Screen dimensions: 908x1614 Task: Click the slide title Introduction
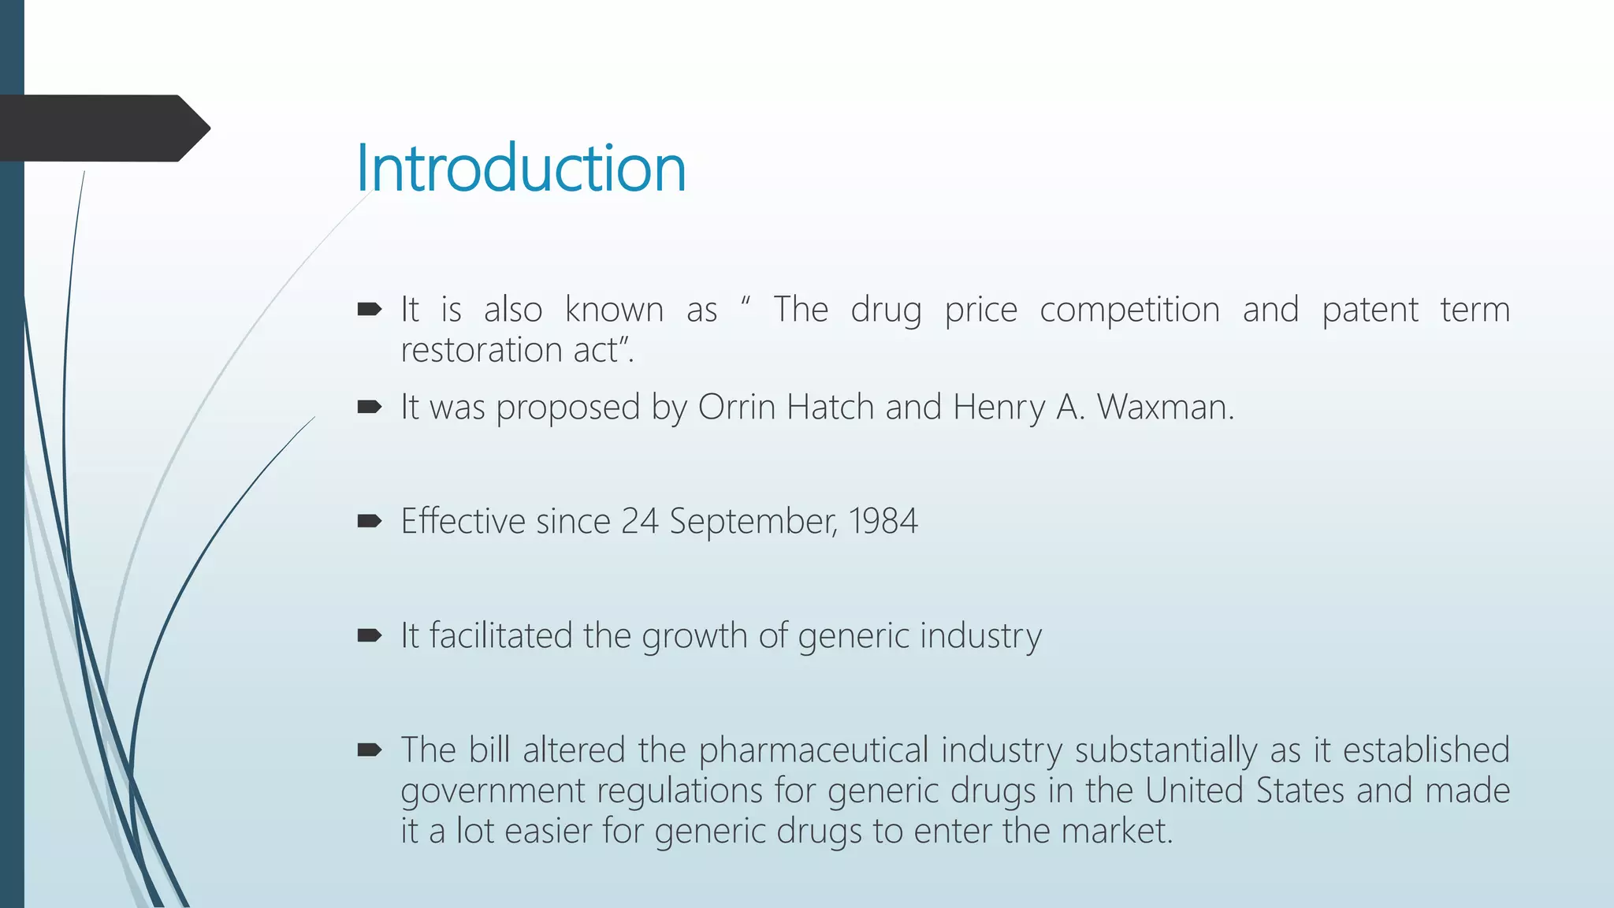click(521, 168)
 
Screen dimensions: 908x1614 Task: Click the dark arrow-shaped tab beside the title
click(102, 128)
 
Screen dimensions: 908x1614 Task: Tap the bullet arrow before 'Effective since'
click(369, 521)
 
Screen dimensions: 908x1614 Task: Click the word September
click(753, 521)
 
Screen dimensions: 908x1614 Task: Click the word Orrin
click(737, 407)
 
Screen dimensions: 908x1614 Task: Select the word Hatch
click(831, 407)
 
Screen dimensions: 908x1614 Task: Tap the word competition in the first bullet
click(1129, 310)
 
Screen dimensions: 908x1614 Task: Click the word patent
click(1370, 310)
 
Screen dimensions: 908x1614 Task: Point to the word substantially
click(1166, 750)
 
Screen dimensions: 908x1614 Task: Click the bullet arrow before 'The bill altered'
click(369, 750)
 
